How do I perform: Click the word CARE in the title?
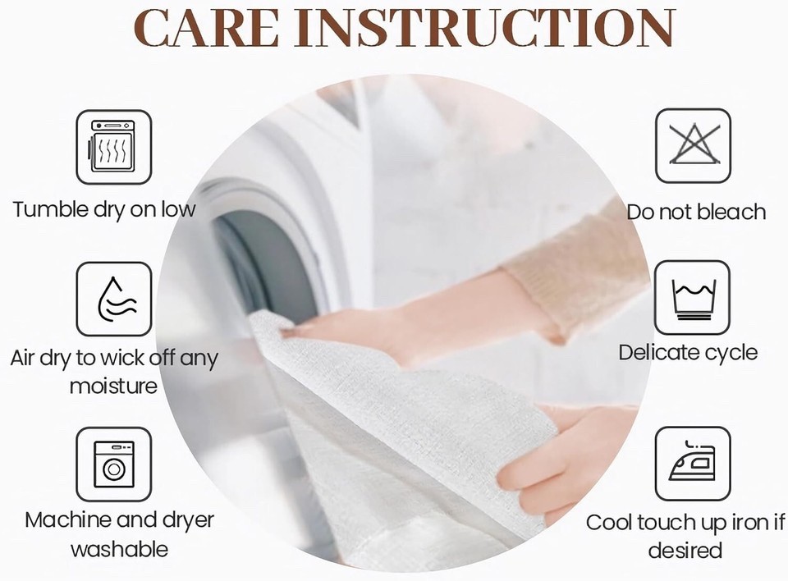click(x=207, y=28)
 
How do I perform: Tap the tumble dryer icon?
click(x=113, y=147)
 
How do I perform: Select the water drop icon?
click(x=113, y=299)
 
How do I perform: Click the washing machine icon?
click(x=113, y=464)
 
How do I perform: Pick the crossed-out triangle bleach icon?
click(x=693, y=146)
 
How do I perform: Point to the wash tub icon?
click(x=693, y=298)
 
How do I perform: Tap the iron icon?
click(x=693, y=464)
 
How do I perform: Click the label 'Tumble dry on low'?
click(x=104, y=210)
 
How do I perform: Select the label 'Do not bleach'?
click(x=696, y=212)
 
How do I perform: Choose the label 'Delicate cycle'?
click(x=688, y=352)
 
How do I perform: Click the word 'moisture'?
click(x=113, y=387)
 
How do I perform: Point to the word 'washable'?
click(x=120, y=549)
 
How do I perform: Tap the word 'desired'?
click(x=685, y=551)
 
